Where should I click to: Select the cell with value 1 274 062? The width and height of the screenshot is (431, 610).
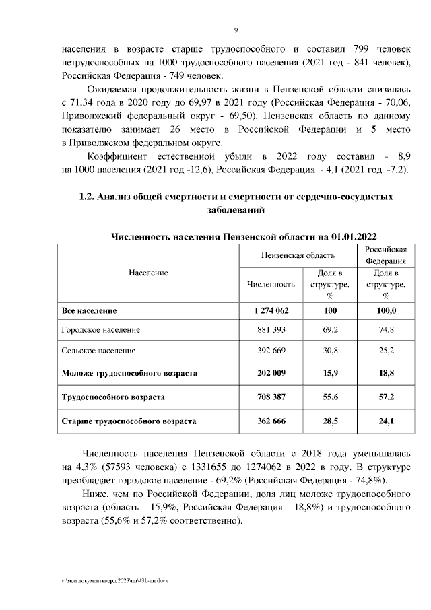click(x=271, y=310)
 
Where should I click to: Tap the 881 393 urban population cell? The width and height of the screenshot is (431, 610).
click(x=271, y=330)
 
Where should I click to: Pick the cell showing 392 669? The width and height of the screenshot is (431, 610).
click(x=271, y=351)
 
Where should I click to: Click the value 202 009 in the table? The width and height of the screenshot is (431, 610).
click(x=271, y=372)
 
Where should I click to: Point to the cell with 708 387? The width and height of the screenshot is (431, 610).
click(x=271, y=397)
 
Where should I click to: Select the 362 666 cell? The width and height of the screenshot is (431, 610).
click(x=271, y=421)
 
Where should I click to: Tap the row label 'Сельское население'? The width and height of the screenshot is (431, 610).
click(x=98, y=351)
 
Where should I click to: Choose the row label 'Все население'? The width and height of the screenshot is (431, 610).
click(x=89, y=310)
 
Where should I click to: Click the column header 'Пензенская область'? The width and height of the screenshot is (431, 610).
click(x=298, y=255)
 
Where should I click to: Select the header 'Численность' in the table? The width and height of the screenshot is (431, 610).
click(x=271, y=284)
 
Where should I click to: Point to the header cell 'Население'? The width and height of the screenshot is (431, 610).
click(x=147, y=273)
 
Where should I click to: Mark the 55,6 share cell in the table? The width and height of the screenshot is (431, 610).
click(x=330, y=397)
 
